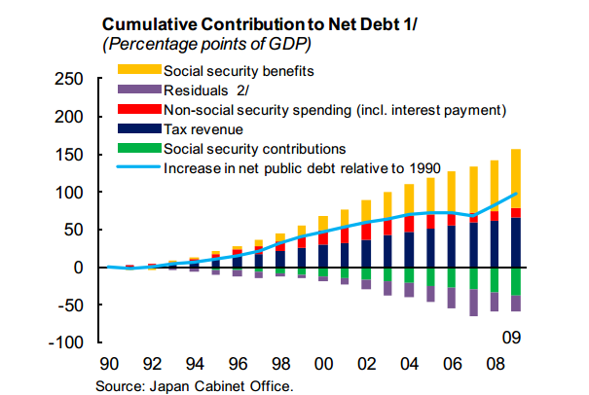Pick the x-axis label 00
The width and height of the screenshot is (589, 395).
tap(326, 368)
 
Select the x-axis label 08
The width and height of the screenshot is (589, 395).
tap(494, 368)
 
